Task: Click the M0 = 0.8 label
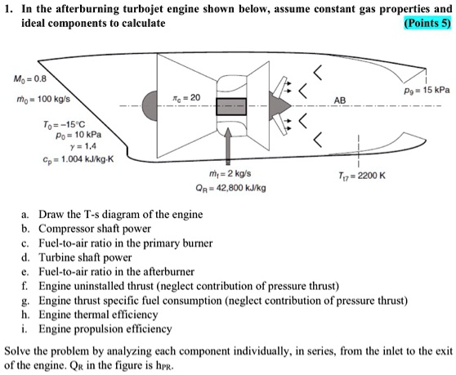tap(25, 80)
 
